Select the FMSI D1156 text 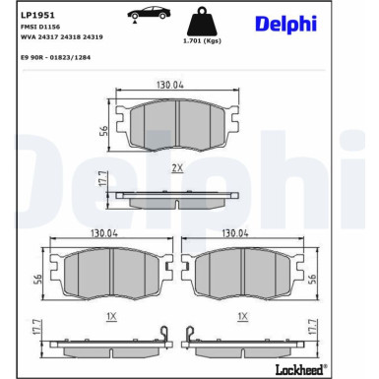38,30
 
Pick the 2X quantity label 177,168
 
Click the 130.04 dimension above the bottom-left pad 105,233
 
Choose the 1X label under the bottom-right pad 241,316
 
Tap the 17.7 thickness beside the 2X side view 101,180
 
